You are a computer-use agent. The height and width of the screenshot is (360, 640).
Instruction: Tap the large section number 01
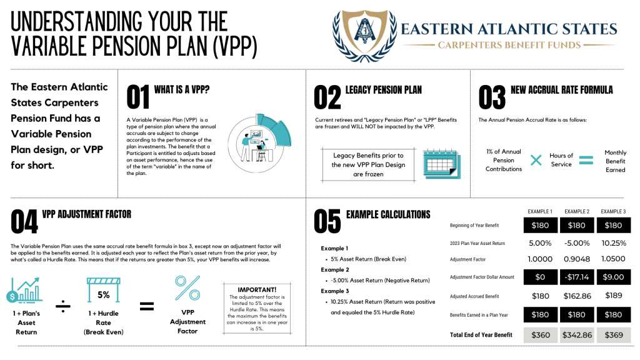(x=137, y=98)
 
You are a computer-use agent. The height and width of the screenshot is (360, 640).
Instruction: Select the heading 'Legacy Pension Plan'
(x=383, y=90)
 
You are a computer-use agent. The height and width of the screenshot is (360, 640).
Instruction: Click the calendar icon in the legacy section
(x=441, y=163)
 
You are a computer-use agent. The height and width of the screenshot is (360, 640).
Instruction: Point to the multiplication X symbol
(x=536, y=161)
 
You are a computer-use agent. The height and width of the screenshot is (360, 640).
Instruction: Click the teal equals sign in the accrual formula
(x=585, y=161)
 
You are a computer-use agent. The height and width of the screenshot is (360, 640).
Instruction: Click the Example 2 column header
(x=577, y=212)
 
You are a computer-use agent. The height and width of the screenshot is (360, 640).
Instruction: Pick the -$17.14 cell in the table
(x=577, y=276)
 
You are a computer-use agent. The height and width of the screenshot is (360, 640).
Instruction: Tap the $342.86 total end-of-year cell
(x=577, y=335)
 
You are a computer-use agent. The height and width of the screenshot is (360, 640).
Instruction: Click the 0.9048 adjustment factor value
(x=577, y=259)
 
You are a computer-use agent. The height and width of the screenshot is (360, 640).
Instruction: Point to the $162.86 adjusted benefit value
(x=577, y=296)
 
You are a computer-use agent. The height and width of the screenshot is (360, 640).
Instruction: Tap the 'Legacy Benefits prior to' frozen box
(x=368, y=164)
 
